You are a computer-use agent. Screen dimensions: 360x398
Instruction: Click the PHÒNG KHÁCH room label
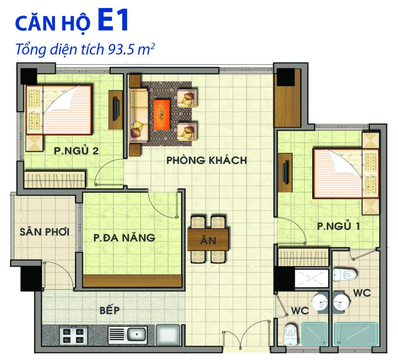[207, 161]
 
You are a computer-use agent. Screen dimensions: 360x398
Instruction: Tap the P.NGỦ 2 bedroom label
[76, 151]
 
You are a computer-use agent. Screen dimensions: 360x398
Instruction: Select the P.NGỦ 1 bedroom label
[339, 226]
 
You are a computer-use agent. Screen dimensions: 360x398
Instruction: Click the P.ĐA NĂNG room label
[124, 238]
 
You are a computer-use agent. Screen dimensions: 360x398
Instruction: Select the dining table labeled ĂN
[208, 240]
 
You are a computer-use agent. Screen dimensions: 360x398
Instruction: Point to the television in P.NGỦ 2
[116, 107]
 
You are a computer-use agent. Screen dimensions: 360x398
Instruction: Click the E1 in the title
[113, 22]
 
